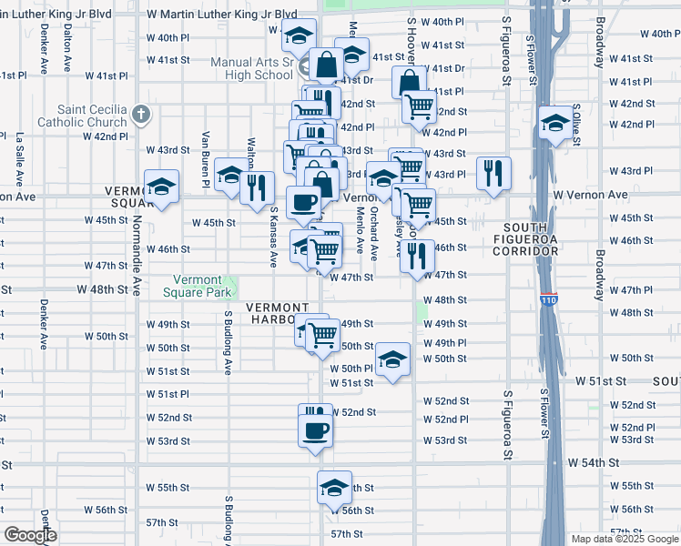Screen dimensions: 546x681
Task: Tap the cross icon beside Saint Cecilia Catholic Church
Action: coord(139,115)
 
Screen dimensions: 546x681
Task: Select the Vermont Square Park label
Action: coord(192,287)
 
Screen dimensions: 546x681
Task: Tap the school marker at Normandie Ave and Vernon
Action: coord(161,187)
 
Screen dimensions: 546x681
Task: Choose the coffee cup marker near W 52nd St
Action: coord(315,430)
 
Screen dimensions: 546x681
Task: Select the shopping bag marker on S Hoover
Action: coord(409,81)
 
